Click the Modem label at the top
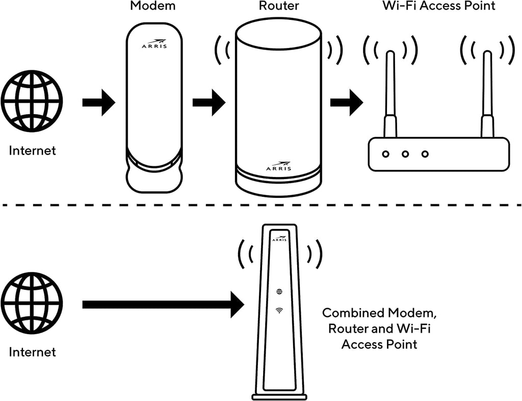coord(153,7)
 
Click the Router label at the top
coord(278,7)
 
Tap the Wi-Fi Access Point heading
coord(438,7)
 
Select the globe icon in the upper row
coord(32,101)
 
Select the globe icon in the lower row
coord(32,303)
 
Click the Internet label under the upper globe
coord(32,151)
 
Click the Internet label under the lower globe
coord(32,352)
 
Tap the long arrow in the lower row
coord(163,305)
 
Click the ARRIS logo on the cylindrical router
coord(278,167)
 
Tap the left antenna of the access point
coord(390,94)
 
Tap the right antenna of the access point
coord(487,94)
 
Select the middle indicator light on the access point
coord(405,154)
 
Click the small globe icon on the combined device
coord(279,292)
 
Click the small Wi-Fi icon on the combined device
coord(279,310)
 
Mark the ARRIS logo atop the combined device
coord(279,238)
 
